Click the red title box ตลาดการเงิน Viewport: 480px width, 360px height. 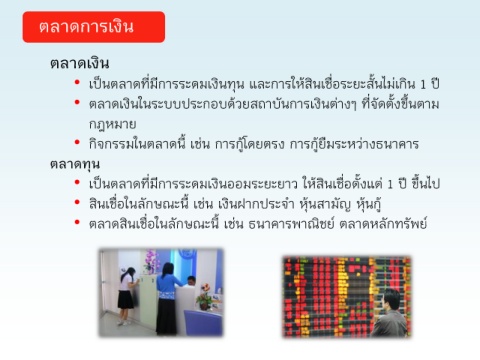[94, 27]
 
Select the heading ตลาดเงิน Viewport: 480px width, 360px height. [80, 63]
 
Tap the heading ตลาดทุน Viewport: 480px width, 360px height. [75, 164]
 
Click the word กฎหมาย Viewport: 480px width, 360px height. [112, 124]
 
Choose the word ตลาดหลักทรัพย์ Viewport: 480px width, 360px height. [383, 223]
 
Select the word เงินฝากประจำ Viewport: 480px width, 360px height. [256, 204]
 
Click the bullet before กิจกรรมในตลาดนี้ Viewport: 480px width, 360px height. [77, 143]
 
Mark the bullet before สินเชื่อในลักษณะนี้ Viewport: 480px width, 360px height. [77, 202]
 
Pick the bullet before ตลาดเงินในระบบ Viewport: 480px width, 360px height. [77, 102]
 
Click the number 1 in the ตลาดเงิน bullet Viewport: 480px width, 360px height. [423, 84]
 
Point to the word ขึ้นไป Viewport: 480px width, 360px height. [426, 184]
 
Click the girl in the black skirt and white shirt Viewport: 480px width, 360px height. [127, 296]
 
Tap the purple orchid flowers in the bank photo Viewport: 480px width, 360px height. [151, 261]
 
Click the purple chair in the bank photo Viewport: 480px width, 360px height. [203, 322]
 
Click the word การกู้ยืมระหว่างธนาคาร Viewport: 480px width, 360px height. [354, 144]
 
